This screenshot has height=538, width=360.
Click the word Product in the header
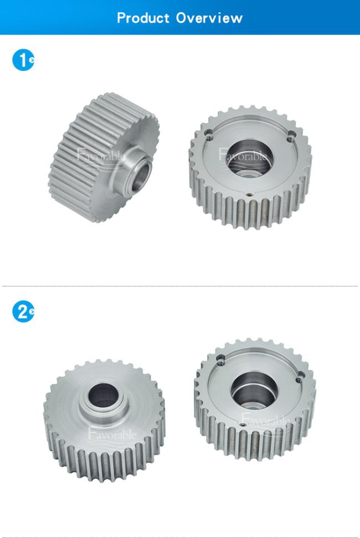pos(143,18)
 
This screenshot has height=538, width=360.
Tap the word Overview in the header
pos(209,18)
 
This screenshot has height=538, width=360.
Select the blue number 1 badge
pos(23,60)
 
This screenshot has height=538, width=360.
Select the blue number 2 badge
pos(23,312)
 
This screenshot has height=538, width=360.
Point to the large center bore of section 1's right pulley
pos(250,158)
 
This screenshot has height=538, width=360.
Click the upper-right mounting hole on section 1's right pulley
pos(291,136)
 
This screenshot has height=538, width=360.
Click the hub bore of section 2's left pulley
pos(104,395)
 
